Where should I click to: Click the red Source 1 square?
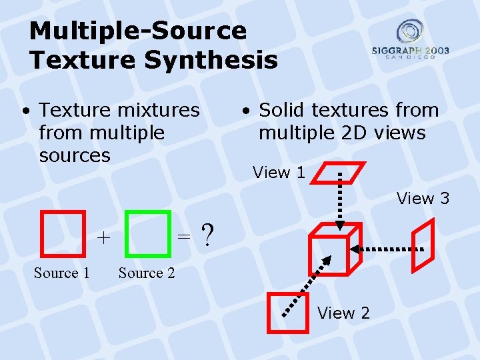(63, 233)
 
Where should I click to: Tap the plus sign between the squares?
(103, 237)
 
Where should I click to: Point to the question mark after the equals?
(208, 235)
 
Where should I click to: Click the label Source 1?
(61, 273)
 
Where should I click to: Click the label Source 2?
(147, 273)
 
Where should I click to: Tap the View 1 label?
(279, 173)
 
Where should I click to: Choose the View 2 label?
(343, 313)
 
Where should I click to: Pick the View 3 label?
(423, 198)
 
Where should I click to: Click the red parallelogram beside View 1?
(339, 173)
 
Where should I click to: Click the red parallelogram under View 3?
(423, 245)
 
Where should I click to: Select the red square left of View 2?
(287, 313)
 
